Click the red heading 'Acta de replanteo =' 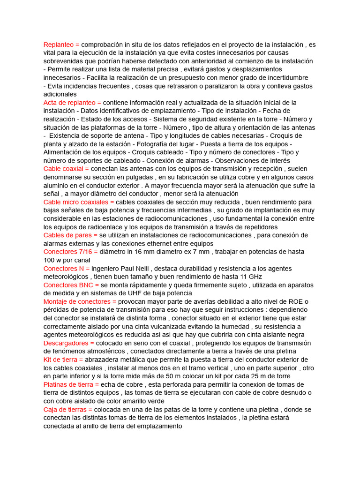click(x=72, y=103)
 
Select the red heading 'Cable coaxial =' click(x=66, y=169)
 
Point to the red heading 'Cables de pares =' click(x=70, y=235)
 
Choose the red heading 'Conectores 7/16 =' click(x=71, y=252)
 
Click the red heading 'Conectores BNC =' click(x=70, y=285)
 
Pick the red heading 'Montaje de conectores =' click(x=80, y=302)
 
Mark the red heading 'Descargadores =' click(x=68, y=343)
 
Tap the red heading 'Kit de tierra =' click(x=63, y=360)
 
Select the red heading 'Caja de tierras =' click(x=68, y=409)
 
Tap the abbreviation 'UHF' click(x=133, y=293)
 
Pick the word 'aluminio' click(x=56, y=186)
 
